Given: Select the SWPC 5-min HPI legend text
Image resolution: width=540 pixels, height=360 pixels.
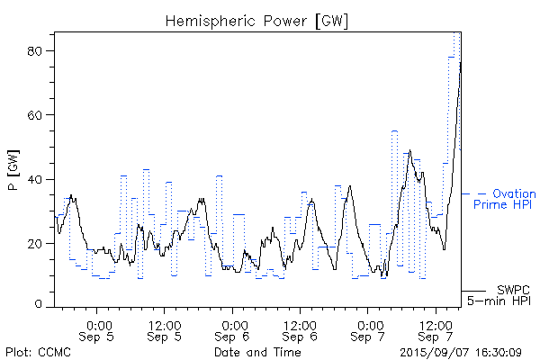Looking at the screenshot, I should tap(509, 294).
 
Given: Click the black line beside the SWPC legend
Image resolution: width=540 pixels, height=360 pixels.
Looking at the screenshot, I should tap(473, 291).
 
